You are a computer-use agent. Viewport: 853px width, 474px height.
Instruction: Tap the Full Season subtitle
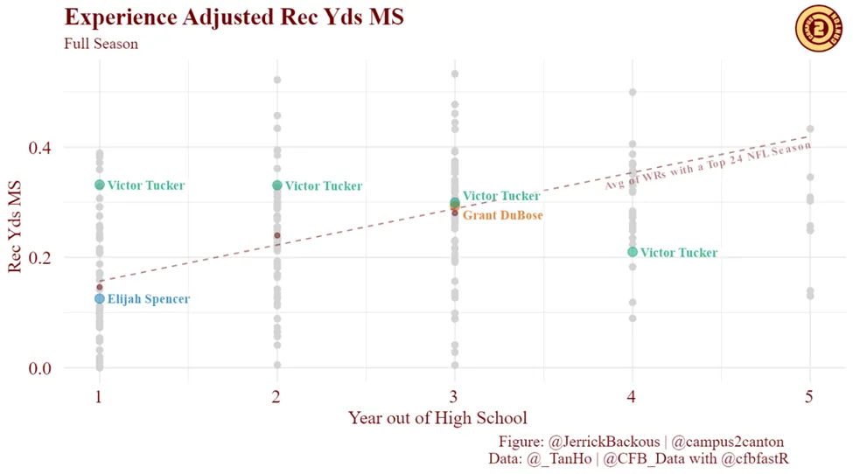tap(101, 44)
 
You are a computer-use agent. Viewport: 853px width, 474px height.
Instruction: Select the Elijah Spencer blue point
tap(100, 299)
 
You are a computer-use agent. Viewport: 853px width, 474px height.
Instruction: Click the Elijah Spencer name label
tap(148, 299)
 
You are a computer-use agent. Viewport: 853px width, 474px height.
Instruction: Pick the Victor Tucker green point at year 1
tap(100, 185)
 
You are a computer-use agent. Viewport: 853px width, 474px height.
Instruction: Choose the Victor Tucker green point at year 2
tap(277, 185)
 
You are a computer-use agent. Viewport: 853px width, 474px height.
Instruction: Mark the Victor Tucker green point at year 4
tap(633, 252)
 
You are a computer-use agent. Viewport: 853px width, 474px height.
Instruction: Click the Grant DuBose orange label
tap(502, 215)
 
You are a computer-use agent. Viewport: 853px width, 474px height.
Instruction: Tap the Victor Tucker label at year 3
tap(500, 196)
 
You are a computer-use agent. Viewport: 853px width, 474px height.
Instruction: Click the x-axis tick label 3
tap(454, 397)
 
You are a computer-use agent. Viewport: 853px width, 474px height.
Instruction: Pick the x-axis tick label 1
tap(100, 397)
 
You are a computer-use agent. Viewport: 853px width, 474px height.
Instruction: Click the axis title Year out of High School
tap(437, 418)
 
